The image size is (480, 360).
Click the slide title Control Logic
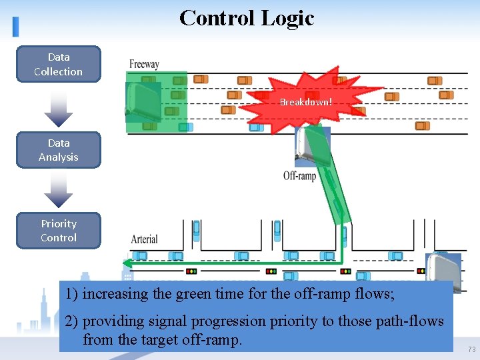pyautogui.click(x=247, y=18)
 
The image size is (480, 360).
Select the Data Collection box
pyautogui.click(x=59, y=64)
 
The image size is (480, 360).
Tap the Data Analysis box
pyautogui.click(x=59, y=150)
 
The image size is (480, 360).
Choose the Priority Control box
pyautogui.click(x=59, y=231)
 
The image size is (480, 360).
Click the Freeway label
pyautogui.click(x=144, y=64)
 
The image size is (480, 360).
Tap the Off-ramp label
pyautogui.click(x=299, y=176)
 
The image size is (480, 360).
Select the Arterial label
pyautogui.click(x=144, y=239)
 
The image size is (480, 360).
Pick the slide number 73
pyautogui.click(x=471, y=349)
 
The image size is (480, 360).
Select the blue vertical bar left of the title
pyautogui.click(x=15, y=26)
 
